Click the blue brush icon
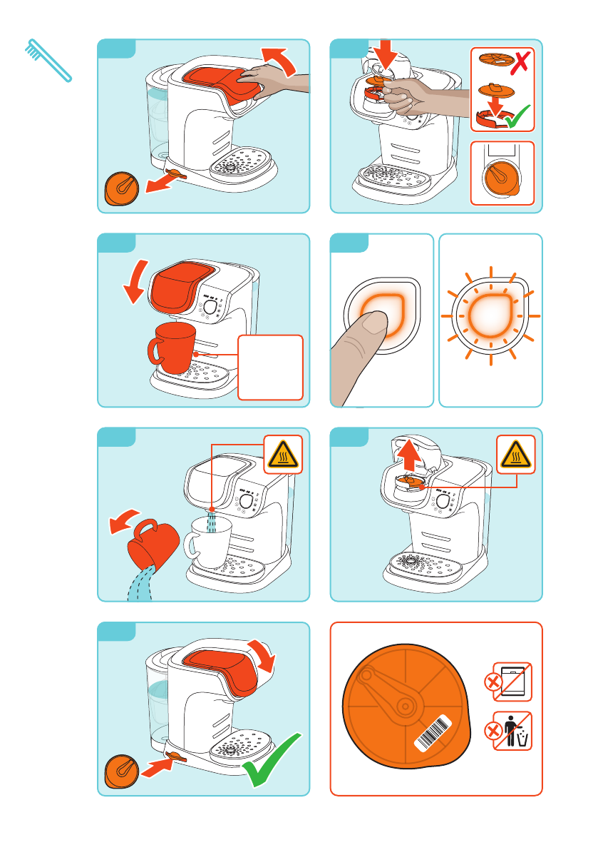tap(48, 60)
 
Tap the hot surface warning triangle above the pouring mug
tap(283, 454)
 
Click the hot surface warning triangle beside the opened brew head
tap(515, 454)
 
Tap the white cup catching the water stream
tap(208, 542)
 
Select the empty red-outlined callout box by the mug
tap(272, 367)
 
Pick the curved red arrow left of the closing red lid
tap(137, 281)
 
